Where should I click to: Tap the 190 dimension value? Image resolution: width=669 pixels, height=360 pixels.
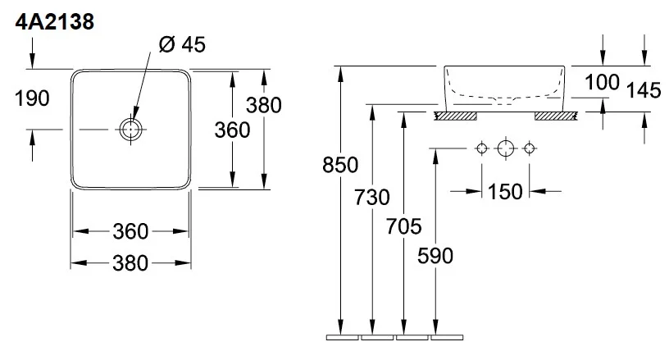[x=33, y=98]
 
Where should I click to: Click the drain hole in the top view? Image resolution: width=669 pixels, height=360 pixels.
[x=131, y=129]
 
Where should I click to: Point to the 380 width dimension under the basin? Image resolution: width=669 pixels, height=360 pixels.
[x=131, y=263]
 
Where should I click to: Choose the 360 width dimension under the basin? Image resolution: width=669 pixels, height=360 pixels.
[x=131, y=231]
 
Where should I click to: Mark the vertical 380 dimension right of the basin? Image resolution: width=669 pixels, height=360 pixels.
[x=265, y=105]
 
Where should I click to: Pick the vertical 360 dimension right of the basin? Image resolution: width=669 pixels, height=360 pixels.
[x=233, y=130]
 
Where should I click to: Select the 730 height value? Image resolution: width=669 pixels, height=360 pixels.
[x=373, y=197]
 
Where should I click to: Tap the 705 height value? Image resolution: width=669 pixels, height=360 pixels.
[x=403, y=226]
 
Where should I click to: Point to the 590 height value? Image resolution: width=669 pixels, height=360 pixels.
[x=435, y=256]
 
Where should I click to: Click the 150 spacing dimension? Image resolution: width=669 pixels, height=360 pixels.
[x=505, y=192]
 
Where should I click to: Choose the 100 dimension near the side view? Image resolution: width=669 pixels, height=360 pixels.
[x=603, y=82]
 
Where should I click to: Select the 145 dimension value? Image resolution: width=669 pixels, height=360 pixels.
[x=643, y=90]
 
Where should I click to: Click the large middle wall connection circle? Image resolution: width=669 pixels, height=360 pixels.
[x=505, y=148]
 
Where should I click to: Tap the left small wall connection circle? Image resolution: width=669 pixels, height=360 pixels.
[x=482, y=148]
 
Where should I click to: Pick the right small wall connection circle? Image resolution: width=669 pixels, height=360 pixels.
[x=529, y=148]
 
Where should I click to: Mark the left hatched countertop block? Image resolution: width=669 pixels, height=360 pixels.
[x=455, y=116]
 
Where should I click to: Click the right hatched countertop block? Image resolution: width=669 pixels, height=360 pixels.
[x=557, y=116]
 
